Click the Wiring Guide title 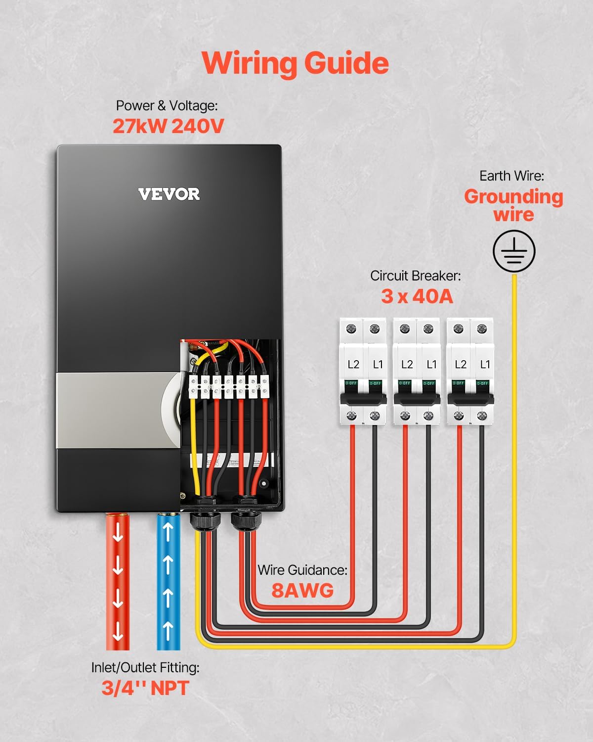pos(295,63)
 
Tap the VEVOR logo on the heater pos(169,194)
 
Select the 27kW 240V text pos(168,126)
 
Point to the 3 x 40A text pos(417,296)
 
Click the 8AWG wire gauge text pos(302,590)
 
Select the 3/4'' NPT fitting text pos(145,688)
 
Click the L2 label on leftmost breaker pos(353,365)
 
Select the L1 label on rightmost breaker pos(485,365)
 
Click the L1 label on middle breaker pos(431,365)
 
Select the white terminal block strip pos(229,386)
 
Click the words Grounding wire pos(513,205)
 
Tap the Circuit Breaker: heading pos(415,276)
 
